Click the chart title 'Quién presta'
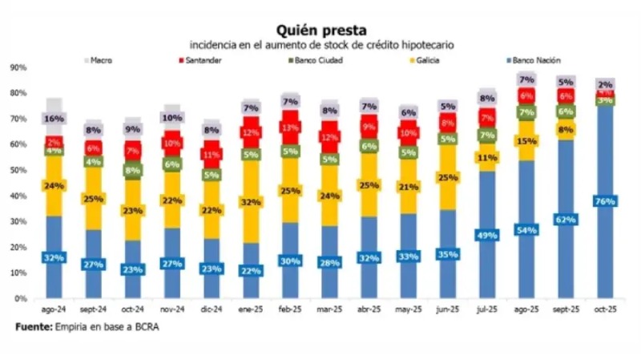320,30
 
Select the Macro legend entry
101,60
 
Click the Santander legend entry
204,60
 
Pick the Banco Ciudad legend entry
316,60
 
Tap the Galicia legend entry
433,60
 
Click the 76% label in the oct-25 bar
605,201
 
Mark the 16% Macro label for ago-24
54,119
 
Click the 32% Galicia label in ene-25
251,202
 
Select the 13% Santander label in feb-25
290,127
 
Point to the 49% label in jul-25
487,235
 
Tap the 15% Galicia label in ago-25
526,142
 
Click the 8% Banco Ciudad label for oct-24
133,170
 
